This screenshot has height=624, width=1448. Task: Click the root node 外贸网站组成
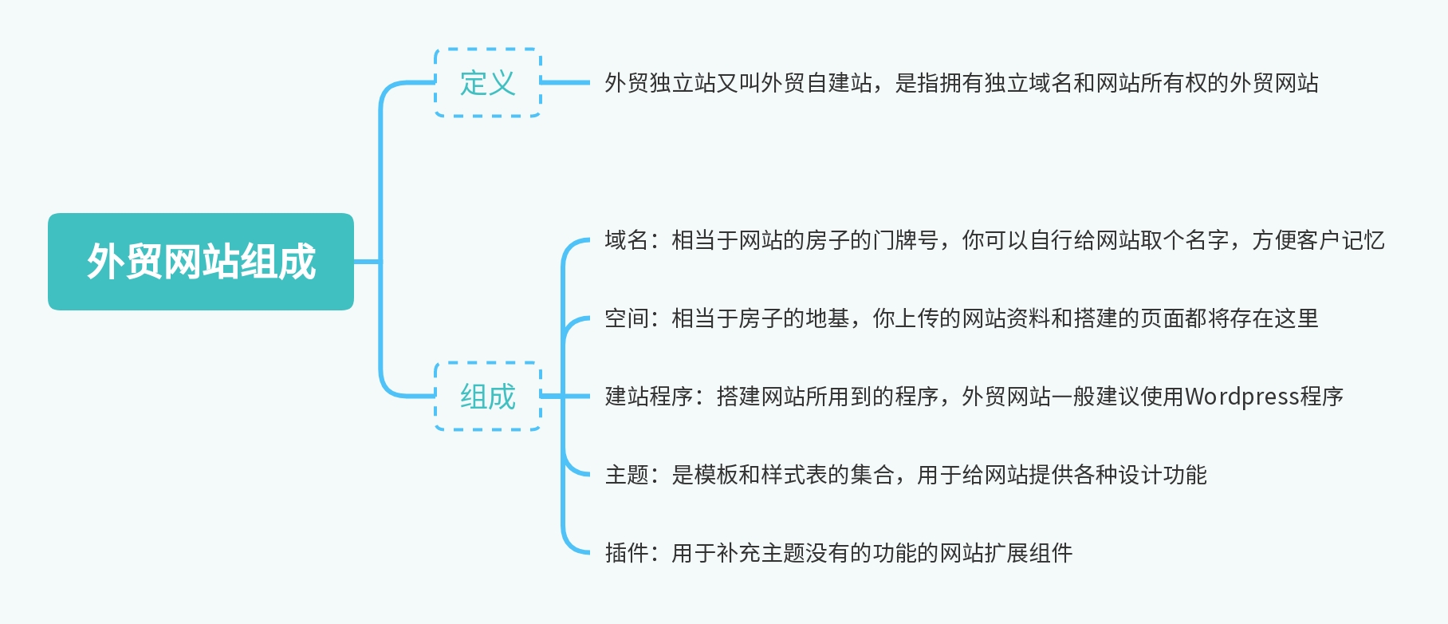201,262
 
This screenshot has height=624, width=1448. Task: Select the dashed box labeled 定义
488,83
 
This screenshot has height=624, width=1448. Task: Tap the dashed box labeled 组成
488,397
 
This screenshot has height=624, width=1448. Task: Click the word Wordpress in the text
1242,397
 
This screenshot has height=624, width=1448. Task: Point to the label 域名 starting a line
627,240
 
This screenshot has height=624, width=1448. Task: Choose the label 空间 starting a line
627,318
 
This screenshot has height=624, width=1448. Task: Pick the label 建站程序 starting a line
649,397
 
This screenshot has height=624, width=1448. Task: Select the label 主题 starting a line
627,475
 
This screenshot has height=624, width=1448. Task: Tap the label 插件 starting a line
627,553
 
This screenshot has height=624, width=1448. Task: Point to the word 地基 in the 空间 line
828,318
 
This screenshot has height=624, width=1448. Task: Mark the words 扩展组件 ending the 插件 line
1029,553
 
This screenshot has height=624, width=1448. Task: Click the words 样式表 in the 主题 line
794,475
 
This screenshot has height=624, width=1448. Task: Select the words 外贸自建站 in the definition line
816,83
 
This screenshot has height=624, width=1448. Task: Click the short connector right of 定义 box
565,82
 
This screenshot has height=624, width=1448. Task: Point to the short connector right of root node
367,261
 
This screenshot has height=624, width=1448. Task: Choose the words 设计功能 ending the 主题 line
1163,475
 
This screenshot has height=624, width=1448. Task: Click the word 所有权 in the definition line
1174,83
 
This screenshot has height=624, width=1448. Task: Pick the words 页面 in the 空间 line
1163,318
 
